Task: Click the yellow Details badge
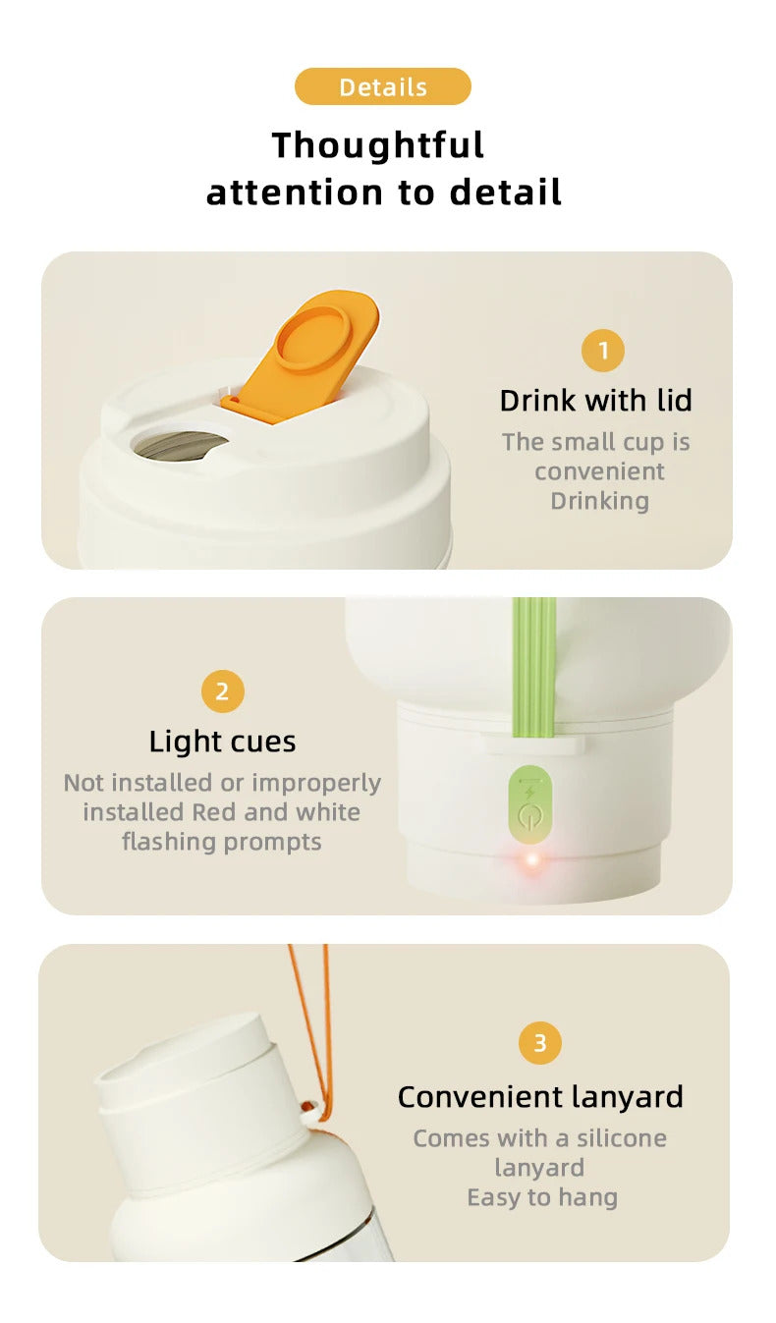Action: [x=382, y=86]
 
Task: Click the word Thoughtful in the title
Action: [x=378, y=145]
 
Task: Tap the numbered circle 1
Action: [x=602, y=351]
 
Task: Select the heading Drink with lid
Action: [x=595, y=401]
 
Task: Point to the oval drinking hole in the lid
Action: [x=181, y=444]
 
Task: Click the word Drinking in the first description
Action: [x=599, y=501]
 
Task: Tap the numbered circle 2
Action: [x=222, y=691]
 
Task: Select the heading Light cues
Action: [x=222, y=742]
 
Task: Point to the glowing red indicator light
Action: [x=532, y=860]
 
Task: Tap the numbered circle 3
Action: [x=539, y=1043]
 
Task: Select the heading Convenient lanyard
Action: [x=539, y=1097]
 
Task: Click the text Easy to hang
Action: [x=541, y=1197]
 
